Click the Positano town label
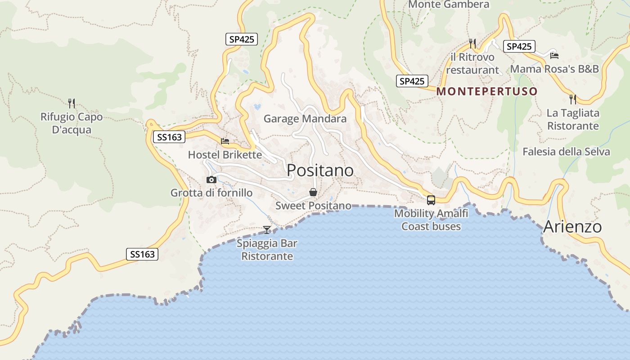click(x=320, y=170)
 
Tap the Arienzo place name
click(x=572, y=226)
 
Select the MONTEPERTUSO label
click(x=487, y=91)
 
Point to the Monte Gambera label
click(x=449, y=4)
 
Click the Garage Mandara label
click(x=305, y=119)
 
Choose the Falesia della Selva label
click(x=566, y=152)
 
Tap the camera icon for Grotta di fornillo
click(x=211, y=180)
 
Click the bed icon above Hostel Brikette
click(x=225, y=141)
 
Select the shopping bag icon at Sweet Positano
click(x=313, y=192)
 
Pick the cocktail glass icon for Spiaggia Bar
click(x=267, y=230)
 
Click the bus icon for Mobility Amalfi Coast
click(x=431, y=200)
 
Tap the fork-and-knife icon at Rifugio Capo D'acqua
click(x=71, y=103)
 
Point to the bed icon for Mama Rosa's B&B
click(x=554, y=55)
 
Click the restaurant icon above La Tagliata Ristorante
click(x=573, y=99)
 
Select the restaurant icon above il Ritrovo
click(x=472, y=43)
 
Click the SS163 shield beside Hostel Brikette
click(x=170, y=137)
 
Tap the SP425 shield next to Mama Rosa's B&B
click(x=519, y=46)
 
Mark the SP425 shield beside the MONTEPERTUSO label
click(x=412, y=81)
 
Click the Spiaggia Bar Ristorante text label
click(x=267, y=250)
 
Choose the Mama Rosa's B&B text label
click(x=554, y=69)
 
